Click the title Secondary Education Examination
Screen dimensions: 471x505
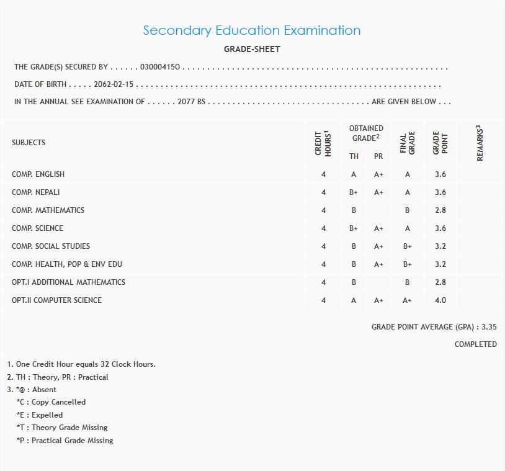coord(251,30)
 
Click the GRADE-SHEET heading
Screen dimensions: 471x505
coord(252,49)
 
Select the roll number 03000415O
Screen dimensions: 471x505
coord(160,67)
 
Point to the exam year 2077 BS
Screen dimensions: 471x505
coord(191,102)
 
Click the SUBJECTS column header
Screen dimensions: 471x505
coord(29,143)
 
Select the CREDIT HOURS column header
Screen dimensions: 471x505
coord(323,143)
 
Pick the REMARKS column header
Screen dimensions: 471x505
coord(480,143)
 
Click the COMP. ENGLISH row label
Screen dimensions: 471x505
coord(38,174)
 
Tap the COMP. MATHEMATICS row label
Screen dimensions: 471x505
coord(48,210)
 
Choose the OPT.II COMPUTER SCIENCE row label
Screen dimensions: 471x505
coord(56,300)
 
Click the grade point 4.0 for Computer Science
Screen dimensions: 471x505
coord(440,300)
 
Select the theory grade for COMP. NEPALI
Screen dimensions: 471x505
coord(354,192)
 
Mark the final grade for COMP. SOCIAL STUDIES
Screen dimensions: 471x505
coord(407,246)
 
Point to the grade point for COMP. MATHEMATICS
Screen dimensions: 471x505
coord(440,210)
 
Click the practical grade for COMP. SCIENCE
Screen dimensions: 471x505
coord(378,228)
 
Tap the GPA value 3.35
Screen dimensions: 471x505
coord(489,326)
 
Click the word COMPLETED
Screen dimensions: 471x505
coord(475,344)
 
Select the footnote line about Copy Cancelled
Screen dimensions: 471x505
coord(52,402)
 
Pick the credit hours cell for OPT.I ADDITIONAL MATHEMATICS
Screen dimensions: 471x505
coord(323,282)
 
